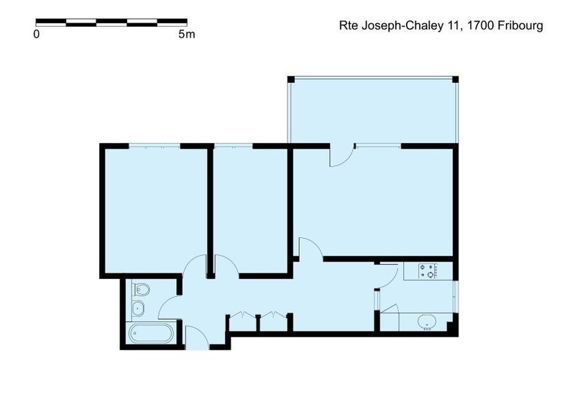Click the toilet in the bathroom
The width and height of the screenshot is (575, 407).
[x=142, y=291]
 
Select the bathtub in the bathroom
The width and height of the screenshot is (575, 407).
[x=152, y=334]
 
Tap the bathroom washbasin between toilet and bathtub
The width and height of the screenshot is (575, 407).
[x=139, y=309]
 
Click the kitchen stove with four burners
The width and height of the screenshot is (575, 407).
[x=430, y=271]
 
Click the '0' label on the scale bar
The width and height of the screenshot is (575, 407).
[x=36, y=34]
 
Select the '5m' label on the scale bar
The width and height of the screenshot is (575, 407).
[x=186, y=34]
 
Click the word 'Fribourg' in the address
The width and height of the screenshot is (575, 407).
[x=518, y=25]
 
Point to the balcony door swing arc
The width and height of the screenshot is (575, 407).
[x=341, y=156]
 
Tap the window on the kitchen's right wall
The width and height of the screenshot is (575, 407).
[x=454, y=295]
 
